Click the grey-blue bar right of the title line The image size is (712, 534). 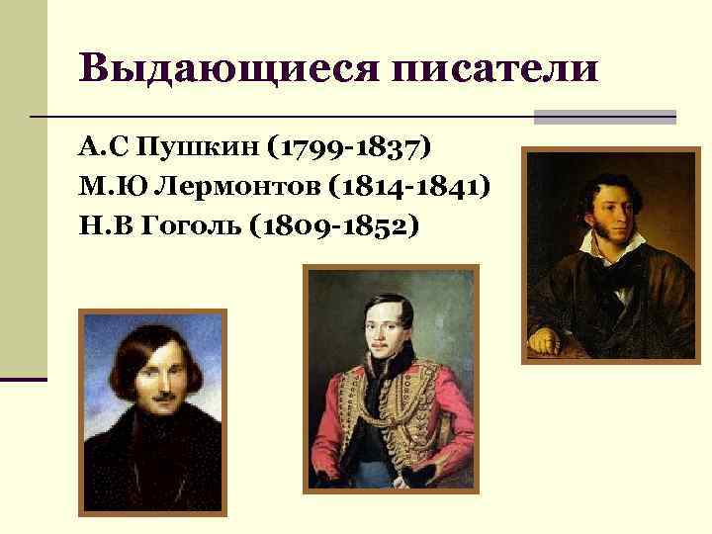604,117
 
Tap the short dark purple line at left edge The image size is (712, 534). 23,378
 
